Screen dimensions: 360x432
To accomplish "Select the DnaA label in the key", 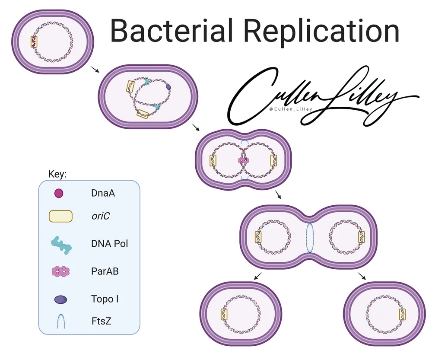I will pos(103,193).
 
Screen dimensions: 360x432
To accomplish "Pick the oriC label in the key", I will pos(100,215).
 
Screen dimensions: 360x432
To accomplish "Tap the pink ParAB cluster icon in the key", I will pos(60,271).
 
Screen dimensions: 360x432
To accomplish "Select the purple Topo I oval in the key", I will pos(60,299).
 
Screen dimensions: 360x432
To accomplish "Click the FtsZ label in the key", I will pos(101,321).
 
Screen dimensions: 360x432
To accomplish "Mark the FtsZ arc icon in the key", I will pos(60,321).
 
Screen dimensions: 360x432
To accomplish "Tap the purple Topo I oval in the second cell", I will pos(168,87).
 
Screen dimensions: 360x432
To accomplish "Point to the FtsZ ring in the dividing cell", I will pos(308,237).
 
